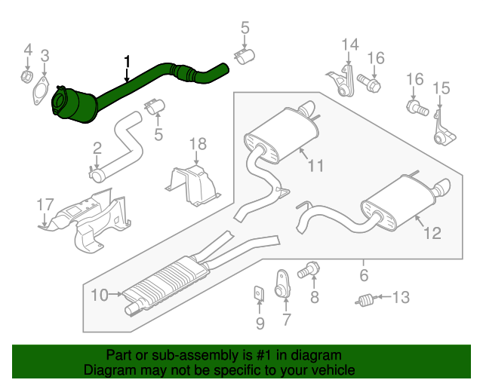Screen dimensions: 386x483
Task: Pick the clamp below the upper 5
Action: pyautogui.click(x=245, y=57)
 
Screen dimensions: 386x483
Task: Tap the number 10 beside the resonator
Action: pyautogui.click(x=100, y=296)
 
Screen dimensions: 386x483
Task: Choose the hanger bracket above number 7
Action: pyautogui.click(x=282, y=281)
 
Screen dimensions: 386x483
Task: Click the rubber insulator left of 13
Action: pyautogui.click(x=365, y=299)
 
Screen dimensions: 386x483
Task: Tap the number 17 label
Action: pyautogui.click(x=45, y=204)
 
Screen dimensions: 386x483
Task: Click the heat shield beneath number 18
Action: pyautogui.click(x=193, y=184)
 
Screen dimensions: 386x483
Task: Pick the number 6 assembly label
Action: pyautogui.click(x=363, y=275)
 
